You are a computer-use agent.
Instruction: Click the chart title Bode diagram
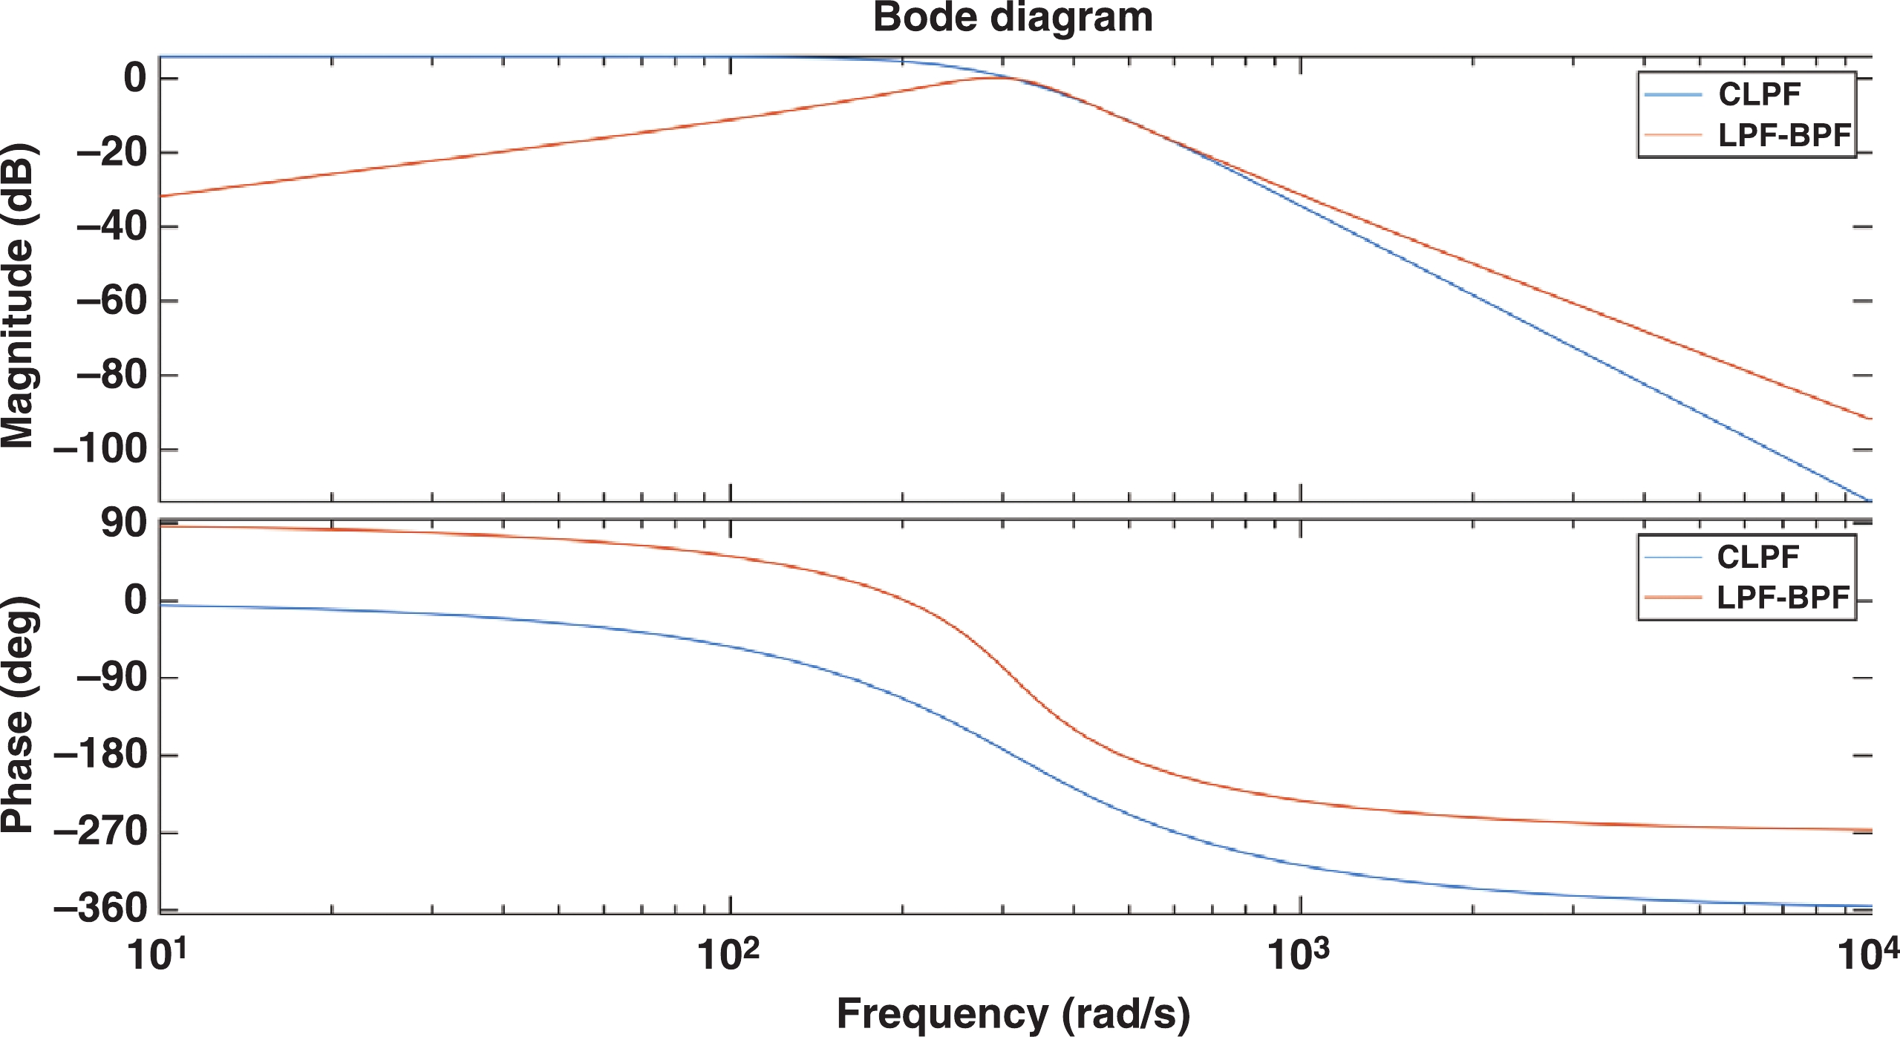coord(1012,18)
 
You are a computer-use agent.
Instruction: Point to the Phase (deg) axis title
coord(18,714)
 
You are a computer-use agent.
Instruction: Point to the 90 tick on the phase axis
coord(124,524)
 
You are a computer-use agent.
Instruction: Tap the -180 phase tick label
coord(102,756)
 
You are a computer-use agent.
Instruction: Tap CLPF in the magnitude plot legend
coord(1759,94)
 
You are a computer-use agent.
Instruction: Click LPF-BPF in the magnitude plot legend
coord(1783,135)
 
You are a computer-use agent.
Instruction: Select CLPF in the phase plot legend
coord(1757,557)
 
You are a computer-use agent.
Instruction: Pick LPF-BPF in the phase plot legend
coord(1782,598)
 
